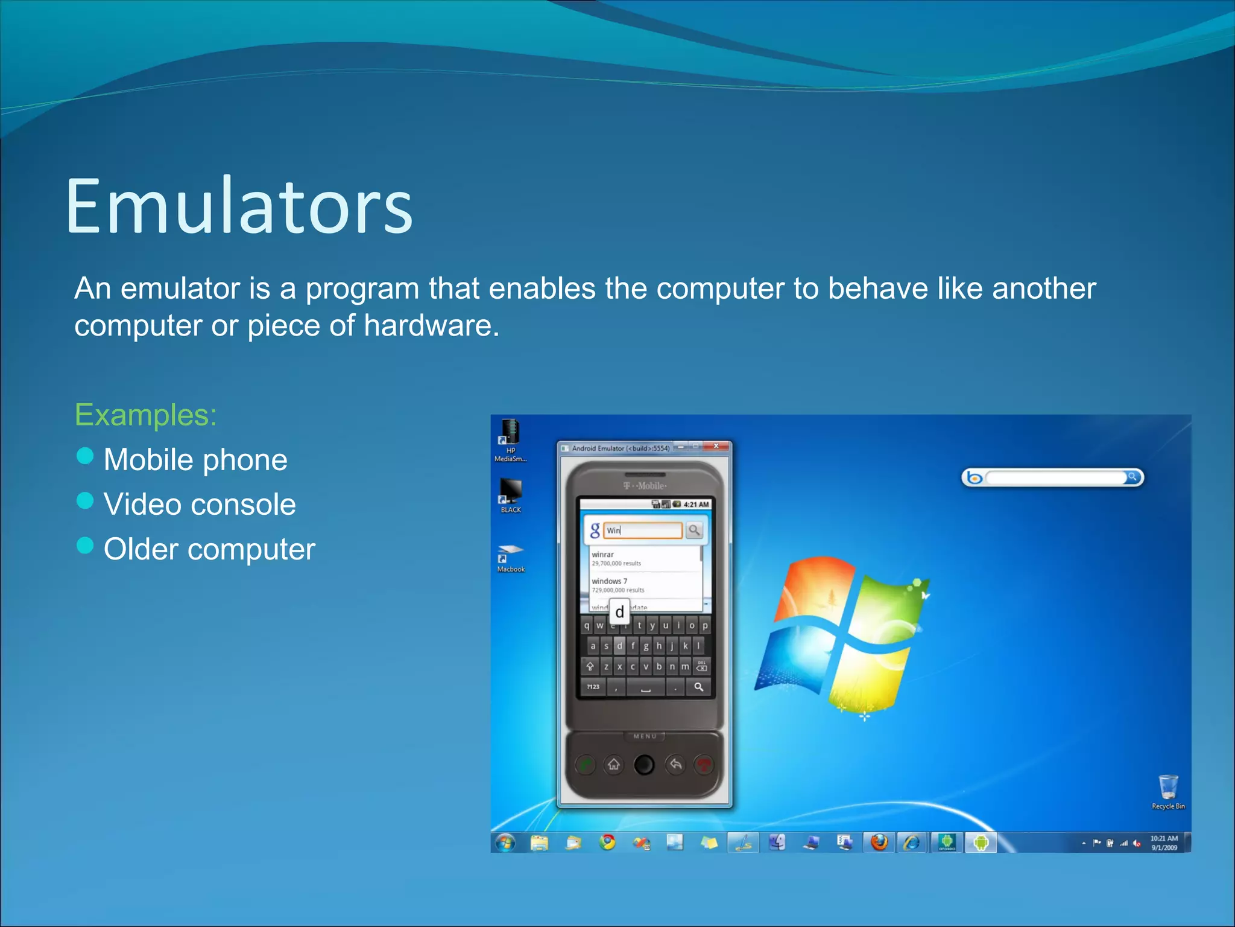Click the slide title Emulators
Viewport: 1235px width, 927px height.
[239, 206]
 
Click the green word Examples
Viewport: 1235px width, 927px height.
[145, 415]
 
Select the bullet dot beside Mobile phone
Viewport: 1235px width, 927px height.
[86, 456]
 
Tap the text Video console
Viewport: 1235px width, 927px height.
[200, 505]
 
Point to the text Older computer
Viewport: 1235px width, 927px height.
[209, 549]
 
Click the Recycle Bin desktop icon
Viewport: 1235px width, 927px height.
[1167, 788]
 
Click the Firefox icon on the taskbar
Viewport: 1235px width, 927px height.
[879, 842]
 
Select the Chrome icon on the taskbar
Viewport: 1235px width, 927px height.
[607, 842]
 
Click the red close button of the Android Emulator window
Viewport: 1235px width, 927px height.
[716, 447]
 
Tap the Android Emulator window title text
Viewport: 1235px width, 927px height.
[620, 448]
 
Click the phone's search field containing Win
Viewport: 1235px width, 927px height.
[643, 530]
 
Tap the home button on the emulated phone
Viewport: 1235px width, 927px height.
[614, 765]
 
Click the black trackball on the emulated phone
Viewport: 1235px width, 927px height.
[644, 765]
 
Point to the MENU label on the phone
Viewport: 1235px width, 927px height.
[645, 736]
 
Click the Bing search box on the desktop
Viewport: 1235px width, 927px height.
[1055, 478]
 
